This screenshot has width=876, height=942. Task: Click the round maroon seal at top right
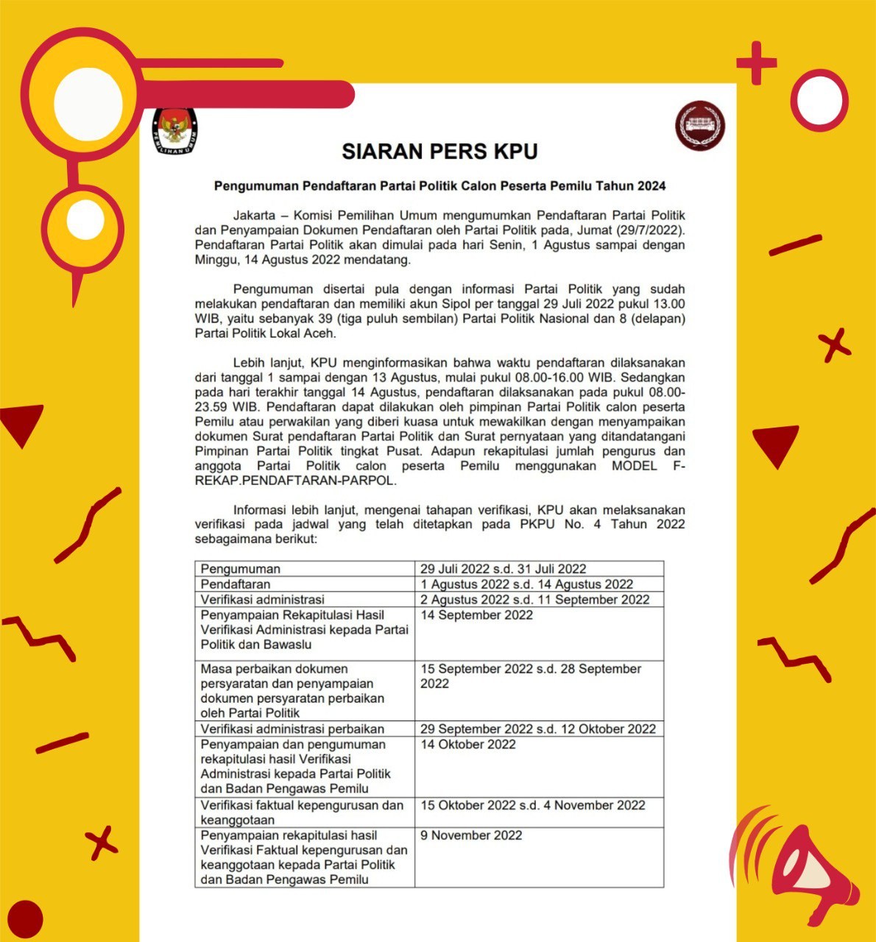click(700, 125)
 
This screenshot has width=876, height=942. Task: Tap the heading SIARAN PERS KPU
click(439, 152)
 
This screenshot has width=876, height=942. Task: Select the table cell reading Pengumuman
click(241, 569)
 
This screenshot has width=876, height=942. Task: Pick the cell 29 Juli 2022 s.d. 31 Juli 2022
click(504, 569)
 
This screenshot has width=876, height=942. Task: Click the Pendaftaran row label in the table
click(236, 584)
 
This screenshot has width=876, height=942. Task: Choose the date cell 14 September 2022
click(477, 615)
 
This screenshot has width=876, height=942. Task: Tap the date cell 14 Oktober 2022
click(468, 745)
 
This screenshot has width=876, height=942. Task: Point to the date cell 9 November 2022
click(471, 836)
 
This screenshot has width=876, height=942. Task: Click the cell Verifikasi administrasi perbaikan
click(292, 729)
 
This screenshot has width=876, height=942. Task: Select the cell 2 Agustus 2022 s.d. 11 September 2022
click(535, 600)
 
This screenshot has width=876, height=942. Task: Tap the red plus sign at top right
click(756, 63)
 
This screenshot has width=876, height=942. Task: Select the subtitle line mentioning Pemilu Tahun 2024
click(439, 186)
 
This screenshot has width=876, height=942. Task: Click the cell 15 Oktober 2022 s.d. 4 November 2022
click(533, 805)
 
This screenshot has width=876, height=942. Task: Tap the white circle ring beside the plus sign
click(819, 100)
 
